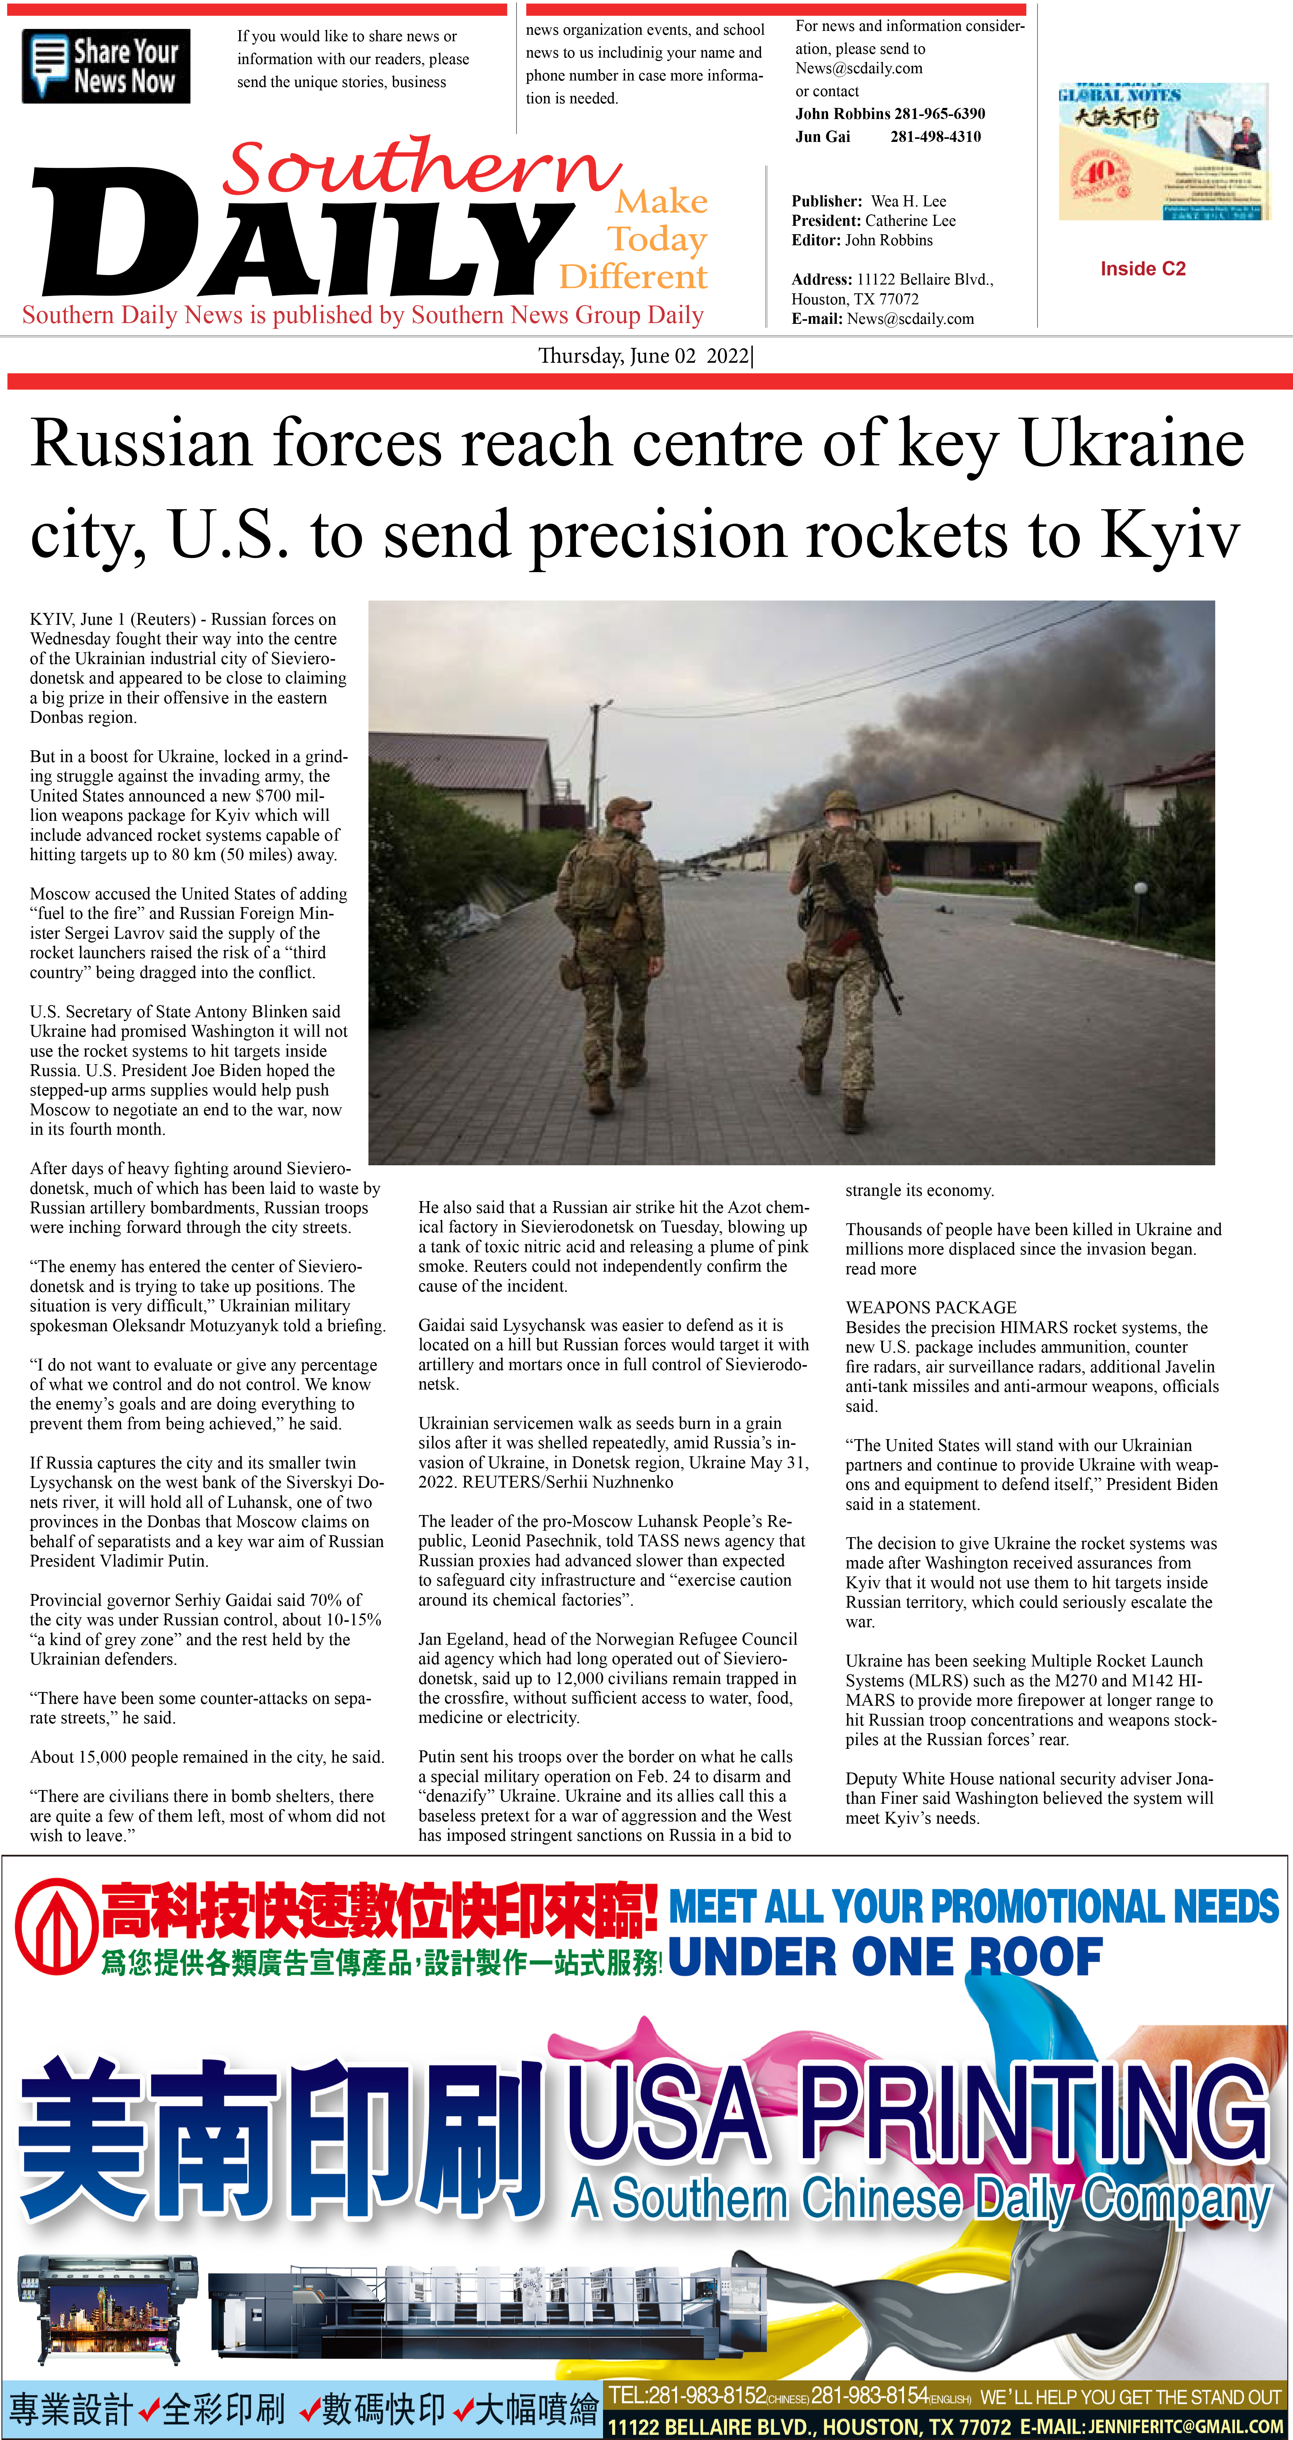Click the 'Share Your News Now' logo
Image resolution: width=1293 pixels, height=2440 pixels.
106,66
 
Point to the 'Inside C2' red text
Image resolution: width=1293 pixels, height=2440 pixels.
1142,269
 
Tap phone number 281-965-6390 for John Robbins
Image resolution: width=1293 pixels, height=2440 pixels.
940,114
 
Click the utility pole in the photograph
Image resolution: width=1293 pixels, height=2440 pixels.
595,758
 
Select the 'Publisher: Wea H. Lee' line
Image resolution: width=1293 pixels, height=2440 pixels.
868,201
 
